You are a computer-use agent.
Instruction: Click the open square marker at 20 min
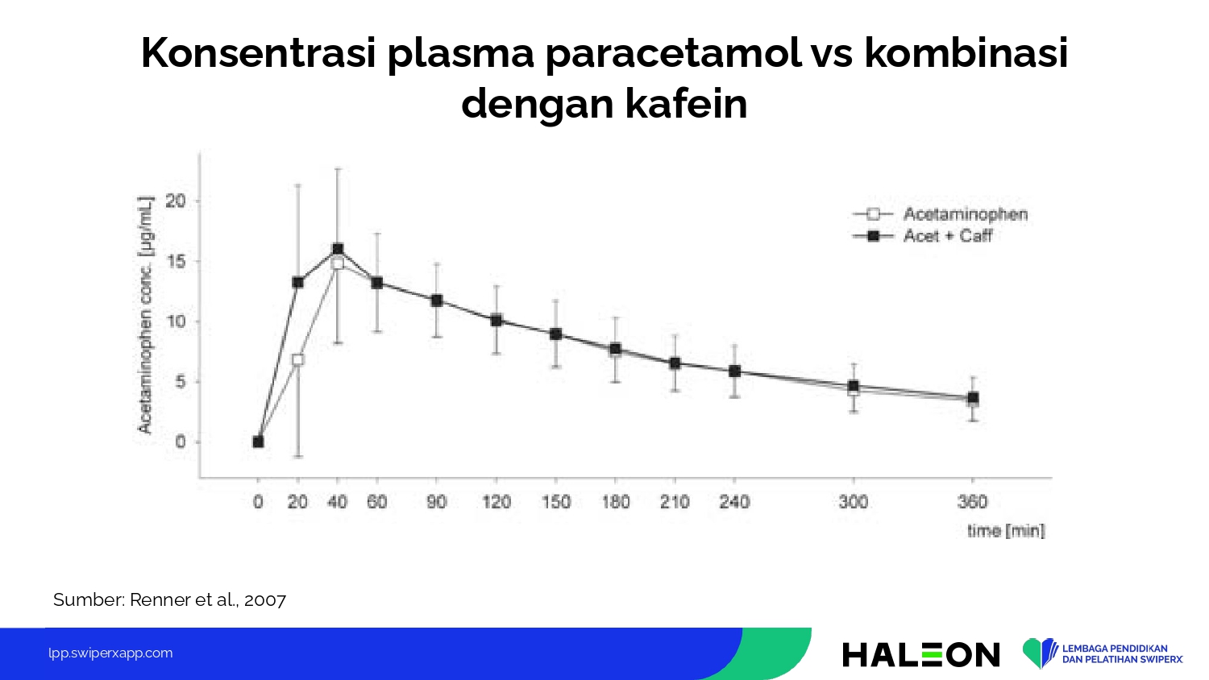(297, 359)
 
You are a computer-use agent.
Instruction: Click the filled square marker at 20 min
(297, 282)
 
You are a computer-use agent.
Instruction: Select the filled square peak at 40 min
(338, 249)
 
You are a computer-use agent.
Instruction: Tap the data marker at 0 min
(258, 442)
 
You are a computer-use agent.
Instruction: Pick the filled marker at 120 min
(496, 320)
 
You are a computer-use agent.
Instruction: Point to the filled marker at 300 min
(854, 386)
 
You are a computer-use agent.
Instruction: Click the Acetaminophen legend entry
(940, 214)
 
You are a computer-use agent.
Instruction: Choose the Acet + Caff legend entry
(922, 236)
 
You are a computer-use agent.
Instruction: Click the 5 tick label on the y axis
(181, 382)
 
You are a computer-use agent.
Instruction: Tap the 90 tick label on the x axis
(437, 502)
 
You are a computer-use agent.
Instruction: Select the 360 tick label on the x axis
(973, 502)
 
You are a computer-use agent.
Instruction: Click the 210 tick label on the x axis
(675, 502)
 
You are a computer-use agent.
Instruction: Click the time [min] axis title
(1006, 531)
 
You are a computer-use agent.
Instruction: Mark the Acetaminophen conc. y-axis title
(146, 315)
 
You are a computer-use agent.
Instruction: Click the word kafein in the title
(687, 104)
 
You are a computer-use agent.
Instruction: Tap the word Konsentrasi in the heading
(259, 53)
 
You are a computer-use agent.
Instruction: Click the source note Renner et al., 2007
(208, 599)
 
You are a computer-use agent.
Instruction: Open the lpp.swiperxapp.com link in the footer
(110, 653)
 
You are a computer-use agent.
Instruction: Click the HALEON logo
(921, 655)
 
